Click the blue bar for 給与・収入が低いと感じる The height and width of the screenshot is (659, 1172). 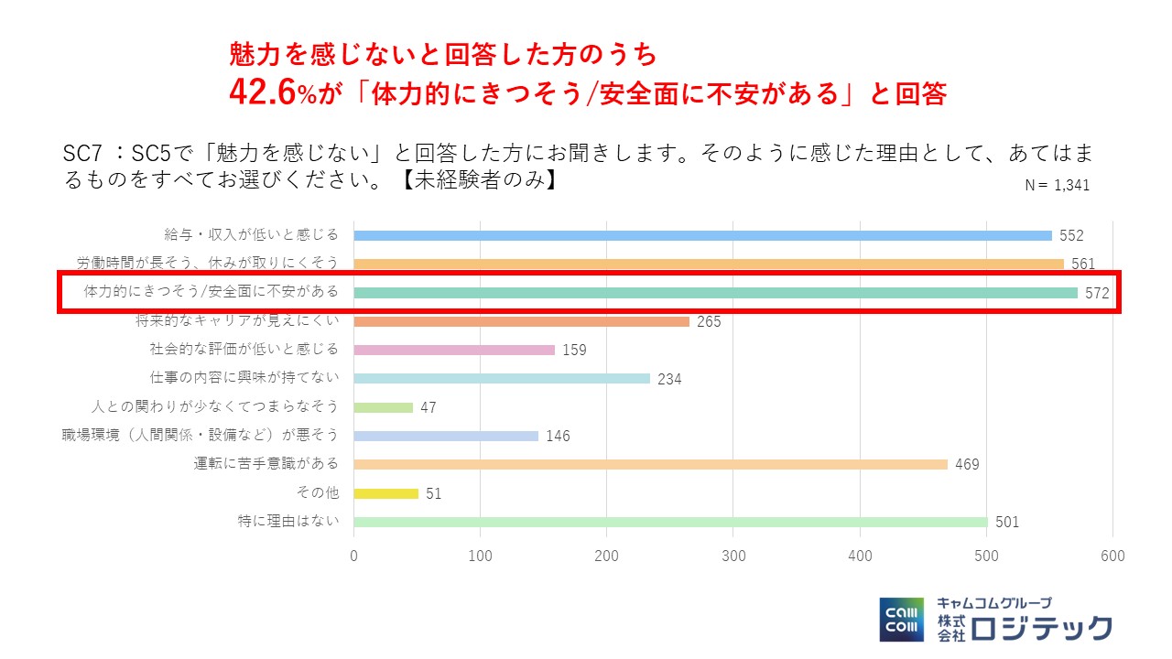tap(702, 235)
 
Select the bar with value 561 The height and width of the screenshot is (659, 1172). tap(708, 264)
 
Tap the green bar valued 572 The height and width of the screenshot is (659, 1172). tap(715, 293)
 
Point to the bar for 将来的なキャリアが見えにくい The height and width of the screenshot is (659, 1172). tap(521, 321)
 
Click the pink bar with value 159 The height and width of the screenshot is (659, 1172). tap(454, 350)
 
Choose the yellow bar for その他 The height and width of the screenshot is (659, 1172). tap(385, 493)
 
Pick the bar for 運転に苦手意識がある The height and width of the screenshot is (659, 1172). tap(650, 464)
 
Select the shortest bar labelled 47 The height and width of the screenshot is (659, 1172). tap(383, 407)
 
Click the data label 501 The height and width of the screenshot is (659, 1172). tap(1007, 523)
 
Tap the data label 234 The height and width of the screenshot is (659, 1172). tap(669, 379)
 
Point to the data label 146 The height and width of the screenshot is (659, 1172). tap(558, 437)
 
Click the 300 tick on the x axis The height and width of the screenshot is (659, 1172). tap(733, 556)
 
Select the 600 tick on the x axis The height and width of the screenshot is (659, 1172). tap(1112, 556)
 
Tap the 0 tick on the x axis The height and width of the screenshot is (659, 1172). tap(354, 556)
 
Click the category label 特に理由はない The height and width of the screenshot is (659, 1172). tap(288, 522)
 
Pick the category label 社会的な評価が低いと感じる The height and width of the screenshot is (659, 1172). tap(244, 350)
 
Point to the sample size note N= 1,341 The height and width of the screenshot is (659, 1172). tap(1057, 185)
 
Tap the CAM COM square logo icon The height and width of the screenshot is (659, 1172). tap(902, 620)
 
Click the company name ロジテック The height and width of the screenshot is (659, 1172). tap(1042, 628)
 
